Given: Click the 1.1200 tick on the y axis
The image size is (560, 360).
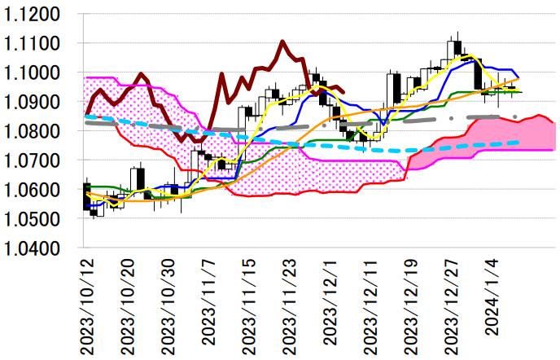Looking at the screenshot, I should point(34,15).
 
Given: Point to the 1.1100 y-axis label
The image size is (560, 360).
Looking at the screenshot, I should point(34,44).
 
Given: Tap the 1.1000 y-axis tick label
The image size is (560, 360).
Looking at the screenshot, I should point(34,73).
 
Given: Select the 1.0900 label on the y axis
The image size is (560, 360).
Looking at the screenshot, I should point(34,103).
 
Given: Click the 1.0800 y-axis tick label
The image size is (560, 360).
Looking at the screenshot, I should point(34,132).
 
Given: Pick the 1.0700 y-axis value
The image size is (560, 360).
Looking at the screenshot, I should point(34,161).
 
